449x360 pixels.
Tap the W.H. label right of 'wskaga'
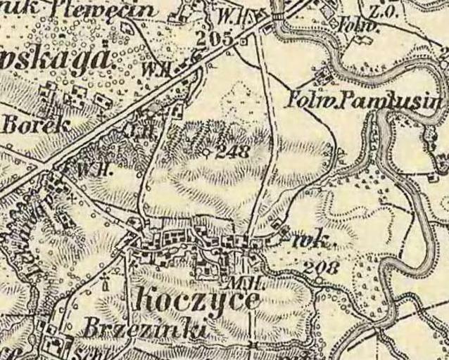(x=153, y=68)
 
